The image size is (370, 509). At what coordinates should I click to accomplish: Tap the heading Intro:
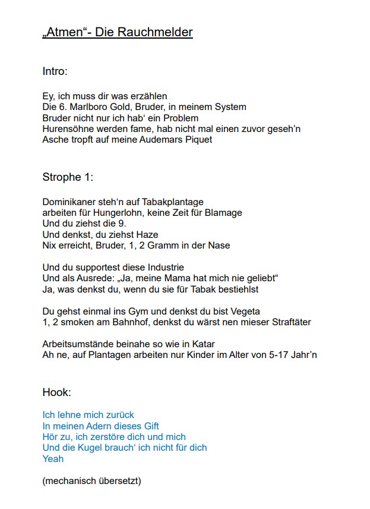click(x=55, y=71)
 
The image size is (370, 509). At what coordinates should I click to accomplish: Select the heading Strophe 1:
click(x=68, y=177)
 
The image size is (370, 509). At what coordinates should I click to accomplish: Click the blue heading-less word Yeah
click(x=53, y=459)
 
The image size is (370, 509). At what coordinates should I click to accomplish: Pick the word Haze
click(x=147, y=235)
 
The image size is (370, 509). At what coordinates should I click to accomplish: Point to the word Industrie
click(x=164, y=268)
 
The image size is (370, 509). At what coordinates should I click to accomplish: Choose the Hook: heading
click(x=57, y=392)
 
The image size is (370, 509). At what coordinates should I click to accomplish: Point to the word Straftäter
click(x=290, y=322)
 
